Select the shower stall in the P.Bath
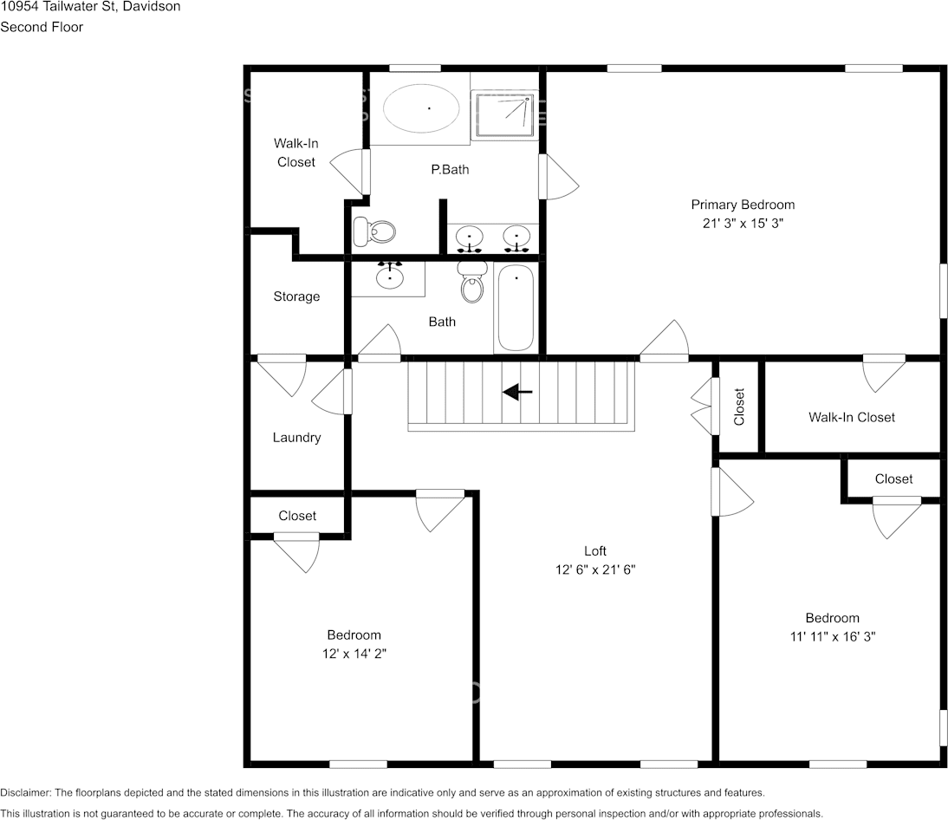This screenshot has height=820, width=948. (x=503, y=115)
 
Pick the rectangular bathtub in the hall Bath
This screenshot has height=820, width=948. (x=516, y=309)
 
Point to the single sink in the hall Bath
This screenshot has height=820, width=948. (x=390, y=277)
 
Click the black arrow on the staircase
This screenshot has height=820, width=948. (x=518, y=393)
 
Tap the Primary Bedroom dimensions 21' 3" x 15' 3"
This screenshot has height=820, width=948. (x=743, y=223)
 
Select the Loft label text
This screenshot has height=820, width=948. (x=594, y=551)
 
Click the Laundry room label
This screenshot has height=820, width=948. (x=296, y=438)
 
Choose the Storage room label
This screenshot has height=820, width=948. (x=296, y=296)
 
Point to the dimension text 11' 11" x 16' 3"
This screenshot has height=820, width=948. (x=832, y=636)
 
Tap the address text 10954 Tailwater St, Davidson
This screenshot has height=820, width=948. (x=91, y=7)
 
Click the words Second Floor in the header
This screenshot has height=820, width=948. (x=42, y=27)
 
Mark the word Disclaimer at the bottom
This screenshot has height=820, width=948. (x=26, y=793)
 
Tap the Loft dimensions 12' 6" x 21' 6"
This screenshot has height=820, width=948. (x=594, y=570)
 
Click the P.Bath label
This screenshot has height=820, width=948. (x=450, y=170)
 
